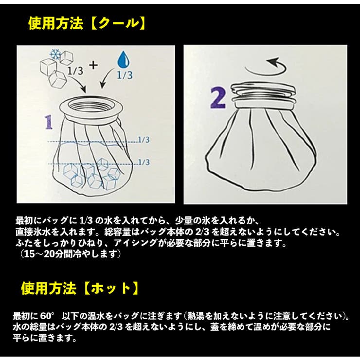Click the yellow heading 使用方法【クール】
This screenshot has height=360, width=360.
[x=87, y=23]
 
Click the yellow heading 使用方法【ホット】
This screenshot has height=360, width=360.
[x=80, y=288]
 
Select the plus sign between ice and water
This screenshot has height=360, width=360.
[x=92, y=64]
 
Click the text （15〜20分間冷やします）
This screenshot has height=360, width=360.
[x=70, y=253]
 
